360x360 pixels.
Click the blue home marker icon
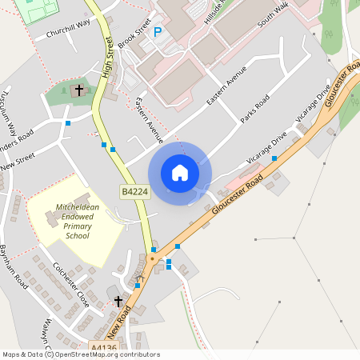[180, 172]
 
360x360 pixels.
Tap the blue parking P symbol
[158, 32]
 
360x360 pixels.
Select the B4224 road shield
[134, 192]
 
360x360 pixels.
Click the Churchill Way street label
[69, 34]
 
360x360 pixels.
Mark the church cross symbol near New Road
[118, 301]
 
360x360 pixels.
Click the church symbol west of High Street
[78, 90]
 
